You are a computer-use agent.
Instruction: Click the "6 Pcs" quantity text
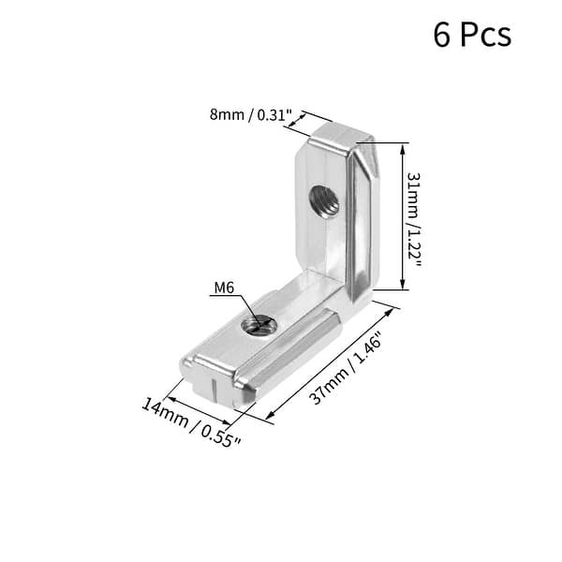tap(472, 35)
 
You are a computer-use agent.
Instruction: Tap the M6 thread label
tap(223, 288)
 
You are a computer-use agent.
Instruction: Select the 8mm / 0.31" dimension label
tap(251, 116)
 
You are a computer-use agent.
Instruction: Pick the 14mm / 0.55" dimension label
tap(191, 422)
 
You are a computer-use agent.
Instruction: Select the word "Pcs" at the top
tap(486, 35)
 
